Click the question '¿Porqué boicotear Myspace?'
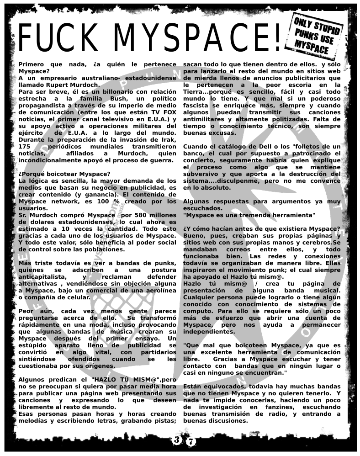[x=64, y=174]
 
